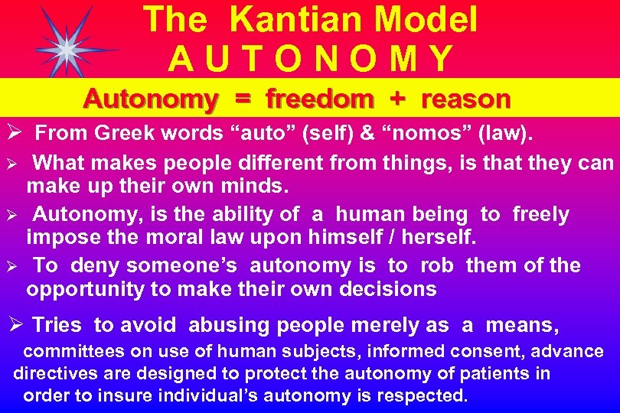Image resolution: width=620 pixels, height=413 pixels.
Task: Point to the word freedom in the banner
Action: pos(319,99)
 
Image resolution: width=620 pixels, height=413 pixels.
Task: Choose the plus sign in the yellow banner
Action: pos(397,99)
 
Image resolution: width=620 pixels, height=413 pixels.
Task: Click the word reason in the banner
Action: pos(465,99)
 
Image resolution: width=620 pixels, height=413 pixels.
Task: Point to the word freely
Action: pos(540,215)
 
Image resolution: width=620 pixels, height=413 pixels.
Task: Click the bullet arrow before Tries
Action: pos(18,325)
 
